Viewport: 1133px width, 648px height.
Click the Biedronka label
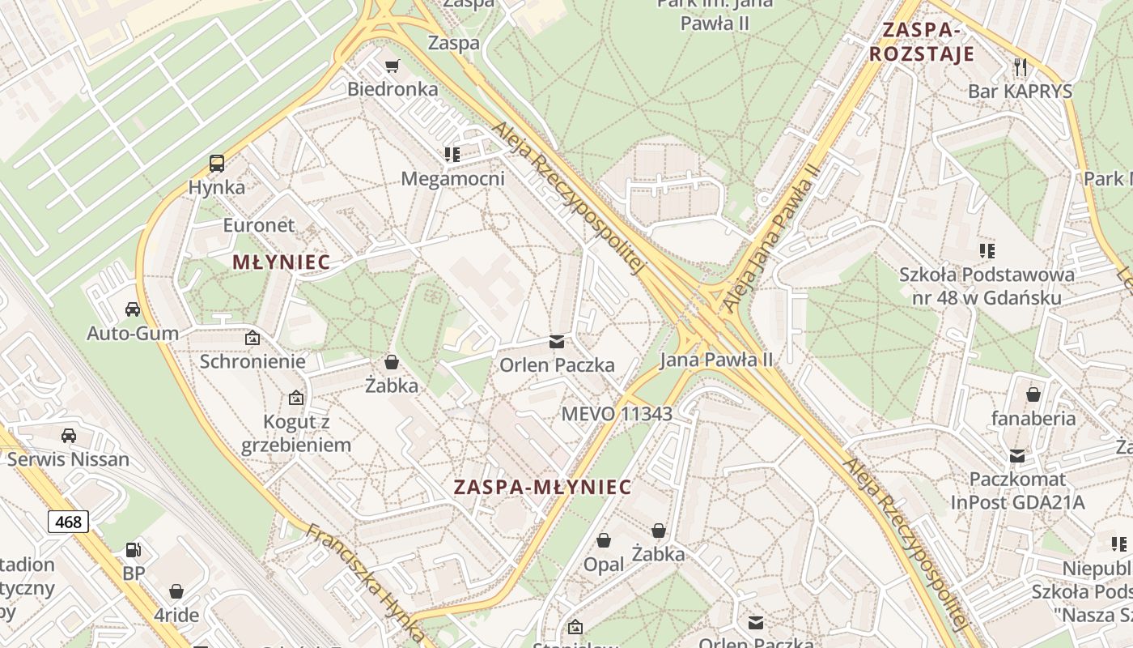click(x=393, y=89)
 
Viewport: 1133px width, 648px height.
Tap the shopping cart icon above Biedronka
click(x=393, y=66)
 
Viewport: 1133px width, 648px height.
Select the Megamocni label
click(x=452, y=178)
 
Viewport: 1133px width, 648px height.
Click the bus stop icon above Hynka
click(x=217, y=164)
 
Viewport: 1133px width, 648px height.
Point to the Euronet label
click(x=259, y=225)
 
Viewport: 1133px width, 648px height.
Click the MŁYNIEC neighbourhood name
click(x=281, y=262)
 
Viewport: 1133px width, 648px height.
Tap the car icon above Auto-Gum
click(x=133, y=309)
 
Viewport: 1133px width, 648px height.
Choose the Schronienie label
click(x=252, y=361)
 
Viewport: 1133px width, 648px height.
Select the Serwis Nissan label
click(x=69, y=459)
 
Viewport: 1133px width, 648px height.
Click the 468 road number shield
click(x=68, y=522)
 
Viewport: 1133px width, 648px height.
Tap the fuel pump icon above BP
click(x=134, y=551)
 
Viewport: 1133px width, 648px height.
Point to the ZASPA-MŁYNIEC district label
click(x=542, y=487)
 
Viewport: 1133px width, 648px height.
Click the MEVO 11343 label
click(x=617, y=414)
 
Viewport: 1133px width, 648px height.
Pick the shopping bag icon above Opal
click(x=604, y=540)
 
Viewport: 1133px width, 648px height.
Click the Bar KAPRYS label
click(x=1020, y=91)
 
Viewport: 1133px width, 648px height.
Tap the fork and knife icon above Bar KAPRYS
click(x=1021, y=66)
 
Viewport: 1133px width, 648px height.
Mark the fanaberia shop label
click(x=1033, y=419)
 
